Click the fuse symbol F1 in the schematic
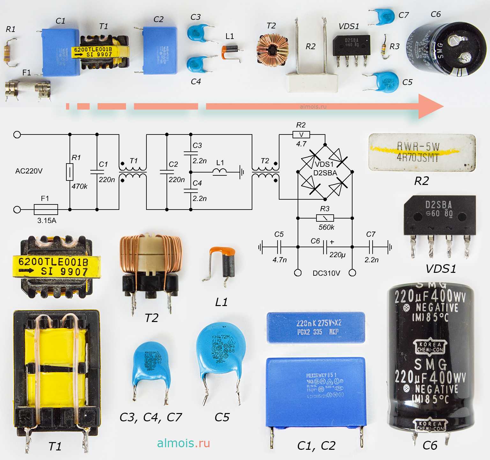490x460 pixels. click(x=46, y=210)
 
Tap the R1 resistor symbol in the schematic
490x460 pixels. click(x=70, y=172)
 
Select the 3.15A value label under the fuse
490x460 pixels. click(x=47, y=220)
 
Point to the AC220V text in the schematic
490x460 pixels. click(x=29, y=171)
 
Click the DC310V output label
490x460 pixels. click(x=326, y=273)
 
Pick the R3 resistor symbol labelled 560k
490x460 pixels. click(x=325, y=218)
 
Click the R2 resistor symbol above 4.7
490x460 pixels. click(x=301, y=135)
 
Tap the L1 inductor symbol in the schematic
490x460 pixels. click(x=220, y=172)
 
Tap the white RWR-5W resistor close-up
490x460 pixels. click(x=422, y=153)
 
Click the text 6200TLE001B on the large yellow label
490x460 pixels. click(x=53, y=262)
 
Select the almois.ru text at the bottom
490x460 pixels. click(x=183, y=443)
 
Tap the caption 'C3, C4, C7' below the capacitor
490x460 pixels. click(x=151, y=417)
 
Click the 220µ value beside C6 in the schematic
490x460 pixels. click(x=338, y=255)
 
